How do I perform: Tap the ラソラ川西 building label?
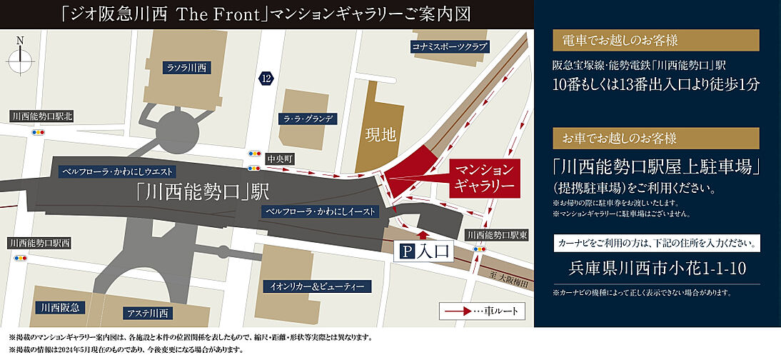(x=186, y=68)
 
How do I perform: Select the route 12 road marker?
(x=266, y=77)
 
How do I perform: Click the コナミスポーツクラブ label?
(x=449, y=47)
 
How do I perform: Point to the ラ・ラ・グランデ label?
(x=307, y=119)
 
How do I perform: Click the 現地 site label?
(x=380, y=135)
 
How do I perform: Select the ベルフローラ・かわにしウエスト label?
(x=118, y=171)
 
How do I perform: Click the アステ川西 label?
(x=148, y=313)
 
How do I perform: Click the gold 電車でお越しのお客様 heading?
(x=655, y=39)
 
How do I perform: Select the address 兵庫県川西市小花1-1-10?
(x=655, y=269)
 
